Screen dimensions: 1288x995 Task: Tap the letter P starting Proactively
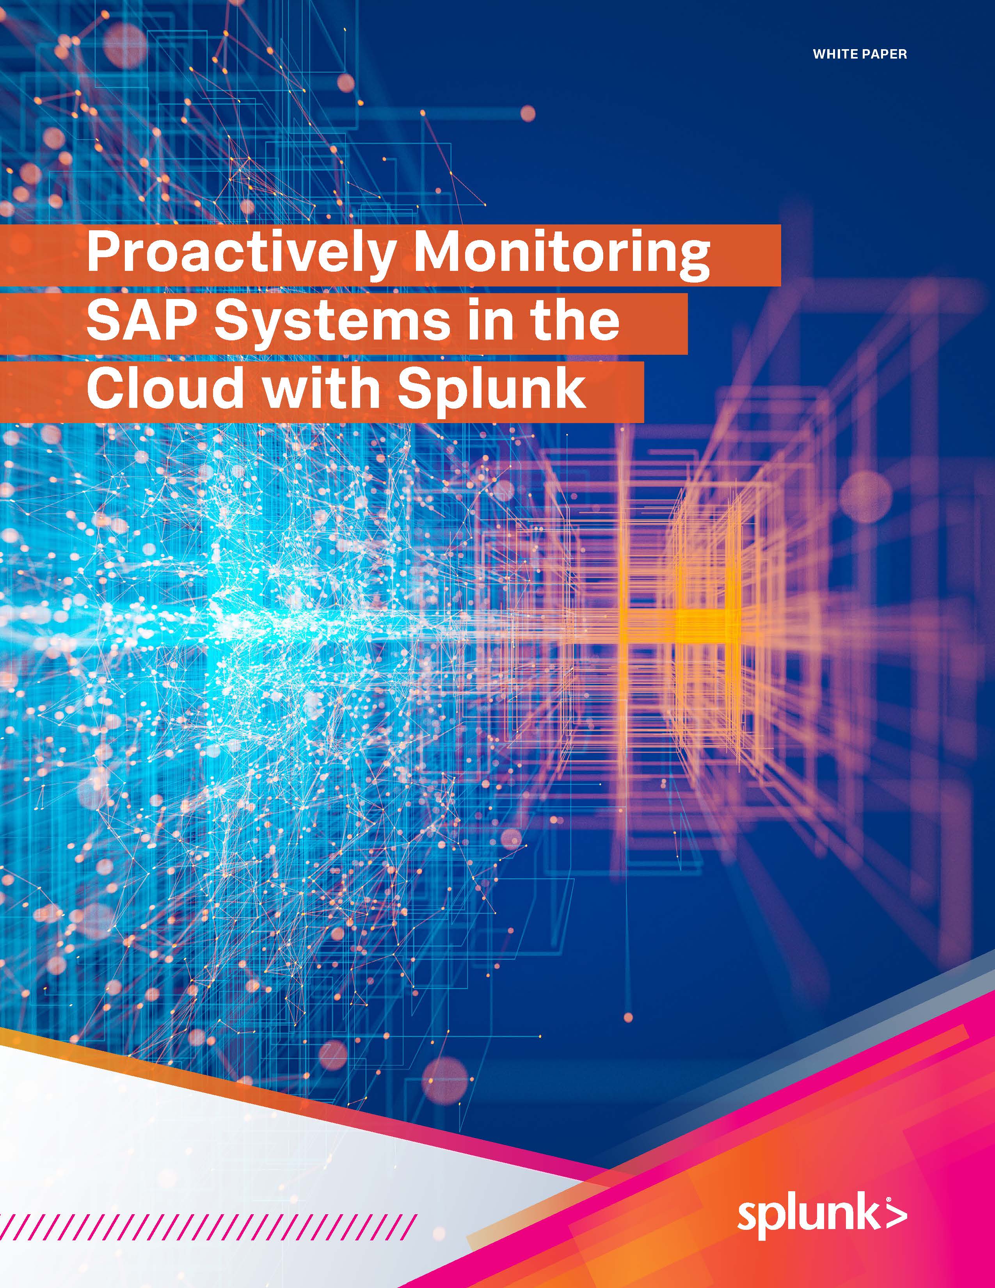click(x=103, y=254)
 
